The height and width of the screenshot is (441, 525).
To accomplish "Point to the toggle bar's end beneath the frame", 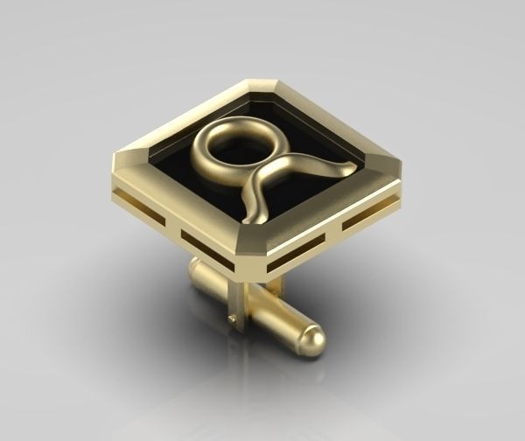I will pos(196,272).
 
